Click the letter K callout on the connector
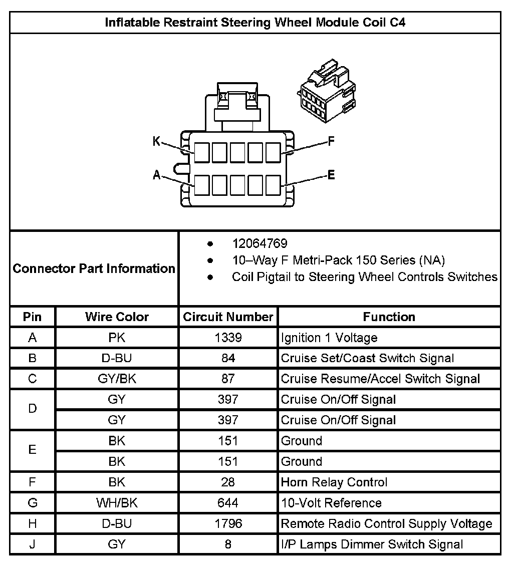coord(156,142)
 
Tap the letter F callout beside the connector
coord(331,141)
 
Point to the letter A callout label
coord(156,175)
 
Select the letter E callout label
coord(331,175)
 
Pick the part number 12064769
coord(260,244)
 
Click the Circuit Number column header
coord(228,317)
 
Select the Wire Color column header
coord(117,317)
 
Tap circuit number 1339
coord(228,338)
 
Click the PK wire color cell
coord(117,338)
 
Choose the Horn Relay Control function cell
coord(334,482)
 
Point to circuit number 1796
coord(228,523)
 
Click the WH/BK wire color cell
coord(117,503)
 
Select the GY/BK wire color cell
coord(117,379)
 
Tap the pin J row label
coord(33,544)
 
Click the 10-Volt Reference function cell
coord(331,503)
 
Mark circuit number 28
coord(228,482)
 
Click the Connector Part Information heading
coord(94,268)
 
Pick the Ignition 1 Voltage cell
coord(329,338)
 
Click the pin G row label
coord(33,503)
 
